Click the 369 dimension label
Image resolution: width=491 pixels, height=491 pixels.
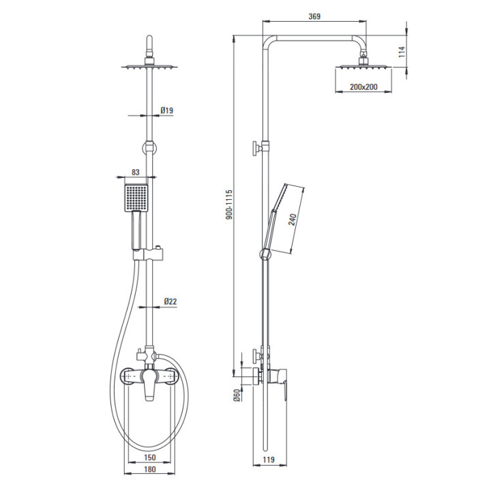[x=314, y=16]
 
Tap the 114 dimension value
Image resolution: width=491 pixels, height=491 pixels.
[x=402, y=52]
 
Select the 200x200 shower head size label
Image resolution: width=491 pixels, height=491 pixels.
[x=363, y=87]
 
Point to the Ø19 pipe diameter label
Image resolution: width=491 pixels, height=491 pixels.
[x=167, y=110]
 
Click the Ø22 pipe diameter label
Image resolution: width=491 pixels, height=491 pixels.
[x=170, y=301]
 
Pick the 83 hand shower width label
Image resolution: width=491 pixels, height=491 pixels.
[x=135, y=172]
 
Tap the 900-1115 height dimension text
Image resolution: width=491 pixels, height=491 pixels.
[x=229, y=204]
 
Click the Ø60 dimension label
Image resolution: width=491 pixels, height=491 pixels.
[x=237, y=395]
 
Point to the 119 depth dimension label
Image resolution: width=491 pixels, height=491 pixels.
[x=269, y=460]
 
